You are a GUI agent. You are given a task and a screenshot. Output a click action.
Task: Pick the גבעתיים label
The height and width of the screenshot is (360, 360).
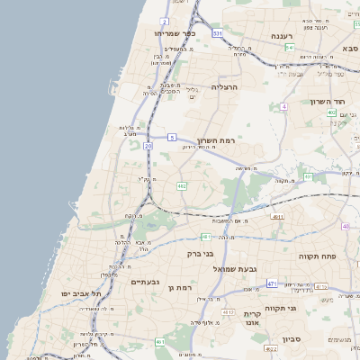click(x=145, y=282)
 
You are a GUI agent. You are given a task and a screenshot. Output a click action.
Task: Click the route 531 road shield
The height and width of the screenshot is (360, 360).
click(x=218, y=32)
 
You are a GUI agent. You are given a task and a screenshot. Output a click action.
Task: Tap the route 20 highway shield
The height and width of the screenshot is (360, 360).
click(x=148, y=145)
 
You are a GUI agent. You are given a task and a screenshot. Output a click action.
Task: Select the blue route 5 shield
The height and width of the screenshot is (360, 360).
click(x=171, y=137)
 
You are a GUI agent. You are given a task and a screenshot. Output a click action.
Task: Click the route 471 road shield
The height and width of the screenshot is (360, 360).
click(x=271, y=283)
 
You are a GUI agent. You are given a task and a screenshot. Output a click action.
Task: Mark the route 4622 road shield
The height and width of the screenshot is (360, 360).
click(x=270, y=347)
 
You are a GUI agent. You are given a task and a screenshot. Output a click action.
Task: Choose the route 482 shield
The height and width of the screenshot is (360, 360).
click(x=182, y=186)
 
